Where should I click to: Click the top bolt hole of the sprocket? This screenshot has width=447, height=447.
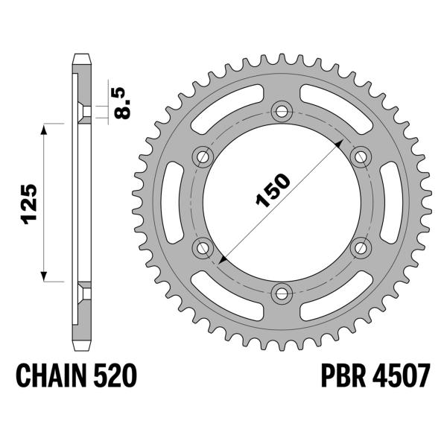(x=282, y=112)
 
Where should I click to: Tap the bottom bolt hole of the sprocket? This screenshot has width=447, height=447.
(x=282, y=291)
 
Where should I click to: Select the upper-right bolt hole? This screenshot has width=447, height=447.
(x=361, y=156)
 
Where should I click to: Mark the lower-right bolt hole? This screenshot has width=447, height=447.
(x=361, y=247)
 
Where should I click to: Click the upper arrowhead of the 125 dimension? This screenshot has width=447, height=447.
(x=47, y=128)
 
